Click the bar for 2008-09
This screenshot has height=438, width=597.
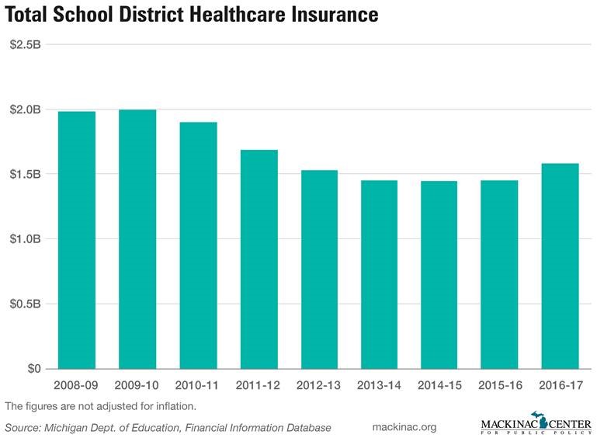77,240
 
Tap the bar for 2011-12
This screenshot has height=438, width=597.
259,259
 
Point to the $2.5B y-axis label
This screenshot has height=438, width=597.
25,44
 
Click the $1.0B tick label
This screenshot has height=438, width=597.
25,238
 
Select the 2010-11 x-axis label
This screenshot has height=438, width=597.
198,386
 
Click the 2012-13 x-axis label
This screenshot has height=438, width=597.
319,386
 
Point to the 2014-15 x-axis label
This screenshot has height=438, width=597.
439,386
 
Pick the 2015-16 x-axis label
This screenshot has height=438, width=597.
500,386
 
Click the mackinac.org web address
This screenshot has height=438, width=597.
404,427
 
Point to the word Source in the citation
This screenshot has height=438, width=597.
23,428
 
